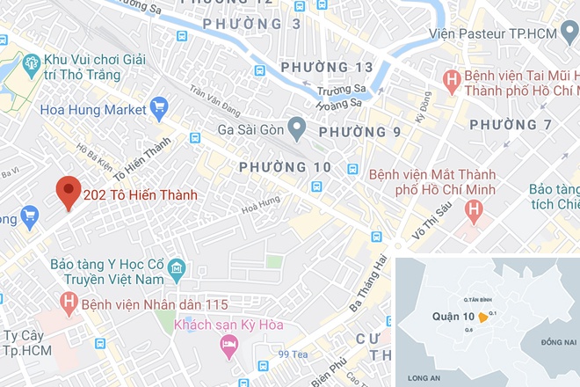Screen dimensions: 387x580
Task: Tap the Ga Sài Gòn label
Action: (252, 133)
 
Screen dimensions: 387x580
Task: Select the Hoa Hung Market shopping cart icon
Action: (159, 109)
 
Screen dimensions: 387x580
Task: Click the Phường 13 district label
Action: (326, 67)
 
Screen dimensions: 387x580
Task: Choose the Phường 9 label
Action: (359, 132)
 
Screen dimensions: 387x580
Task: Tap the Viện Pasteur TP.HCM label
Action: (504, 33)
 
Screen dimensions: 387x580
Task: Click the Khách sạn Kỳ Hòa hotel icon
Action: (230, 350)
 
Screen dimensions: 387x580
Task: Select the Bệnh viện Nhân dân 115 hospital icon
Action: (69, 303)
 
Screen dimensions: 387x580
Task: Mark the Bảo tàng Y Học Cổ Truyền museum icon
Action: (176, 267)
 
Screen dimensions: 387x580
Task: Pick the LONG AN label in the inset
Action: (425, 377)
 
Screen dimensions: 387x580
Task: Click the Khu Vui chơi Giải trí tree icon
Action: (31, 62)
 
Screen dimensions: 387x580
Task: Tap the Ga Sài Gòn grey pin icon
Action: (298, 129)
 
